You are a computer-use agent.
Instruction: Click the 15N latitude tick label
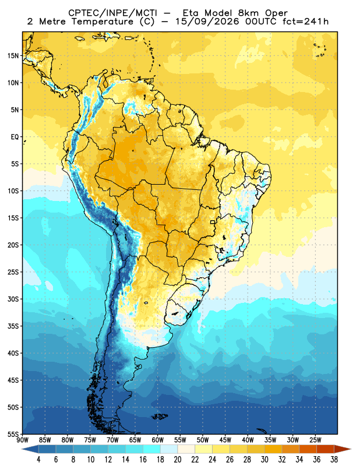tap(13, 55)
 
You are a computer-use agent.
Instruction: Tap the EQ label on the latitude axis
tap(15, 137)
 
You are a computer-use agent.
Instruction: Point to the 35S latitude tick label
tap(13, 326)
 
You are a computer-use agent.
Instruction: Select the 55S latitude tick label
tap(13, 434)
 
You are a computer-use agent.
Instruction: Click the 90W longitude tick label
tap(23, 440)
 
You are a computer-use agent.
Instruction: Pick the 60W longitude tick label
tap(157, 440)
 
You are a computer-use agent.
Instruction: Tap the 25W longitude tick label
tap(315, 440)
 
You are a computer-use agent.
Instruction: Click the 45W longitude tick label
tap(225, 440)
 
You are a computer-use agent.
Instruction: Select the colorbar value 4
tap(38, 460)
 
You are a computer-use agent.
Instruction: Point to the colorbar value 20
tap(178, 460)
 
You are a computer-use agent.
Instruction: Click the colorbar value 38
tap(334, 460)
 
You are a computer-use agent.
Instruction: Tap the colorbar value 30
tap(264, 460)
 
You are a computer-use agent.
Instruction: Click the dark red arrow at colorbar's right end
tap(343, 449)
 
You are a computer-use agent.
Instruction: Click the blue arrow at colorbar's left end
tap(30, 449)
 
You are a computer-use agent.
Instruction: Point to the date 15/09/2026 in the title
tap(207, 22)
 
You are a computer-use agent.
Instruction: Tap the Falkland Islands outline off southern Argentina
tap(160, 416)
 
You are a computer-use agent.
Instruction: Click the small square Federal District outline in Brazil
tap(213, 222)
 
